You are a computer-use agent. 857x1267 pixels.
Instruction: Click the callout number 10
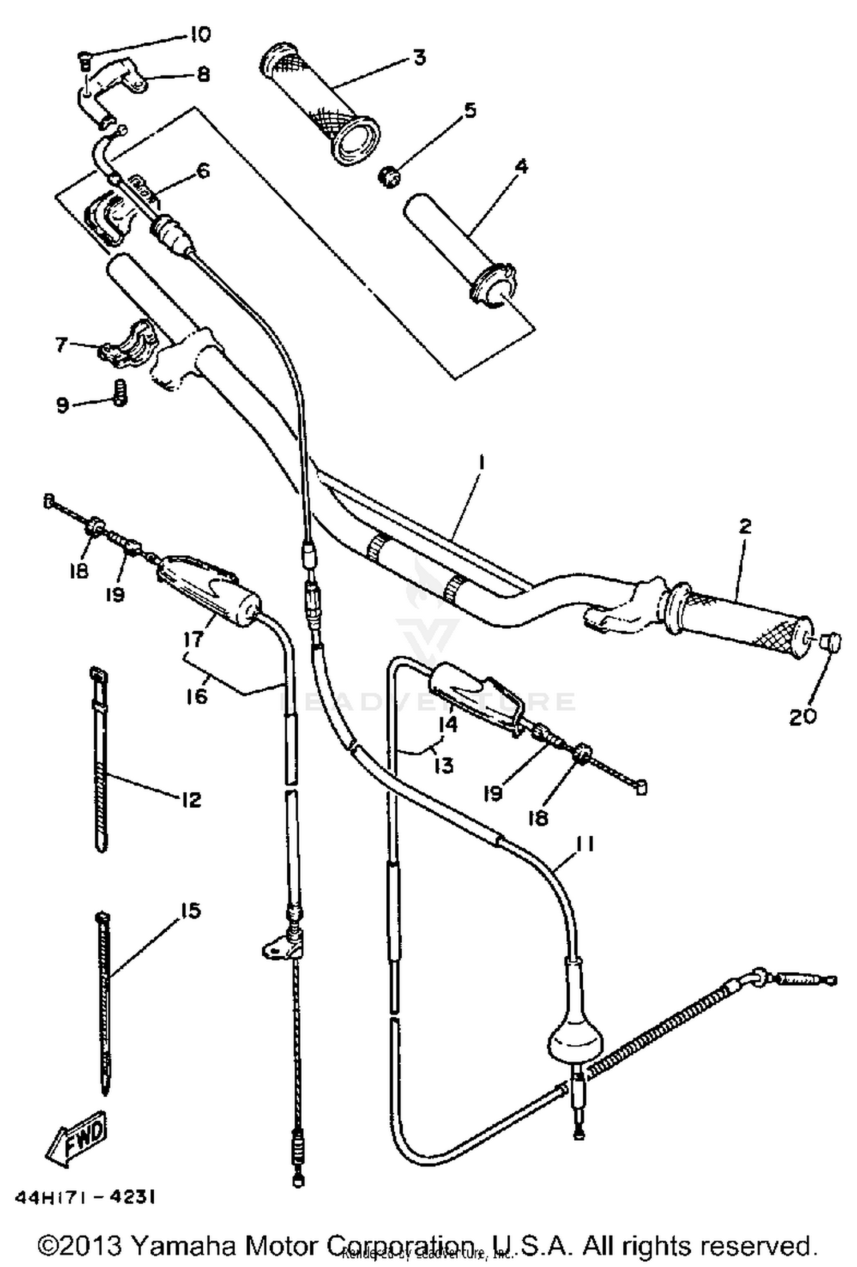tap(199, 35)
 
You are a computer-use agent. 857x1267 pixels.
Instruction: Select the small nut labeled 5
tap(390, 177)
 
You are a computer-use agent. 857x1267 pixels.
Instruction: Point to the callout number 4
tap(521, 167)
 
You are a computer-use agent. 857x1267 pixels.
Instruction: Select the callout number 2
tap(744, 526)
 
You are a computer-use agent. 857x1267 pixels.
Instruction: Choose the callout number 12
tap(191, 800)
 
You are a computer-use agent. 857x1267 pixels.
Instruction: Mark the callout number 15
tap(190, 911)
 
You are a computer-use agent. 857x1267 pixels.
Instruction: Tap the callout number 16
tap(197, 696)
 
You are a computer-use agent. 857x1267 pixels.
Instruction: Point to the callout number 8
tap(203, 75)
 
